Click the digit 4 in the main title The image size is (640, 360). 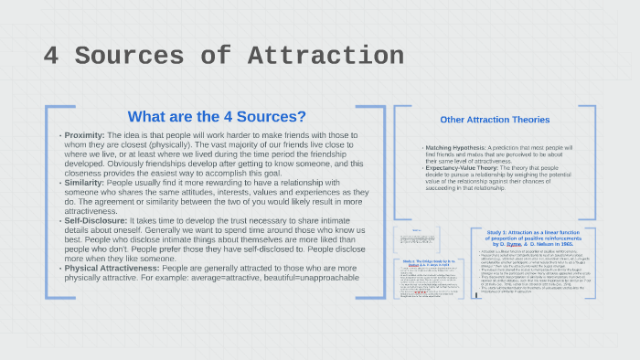pos(53,55)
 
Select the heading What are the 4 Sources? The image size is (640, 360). pos(217,116)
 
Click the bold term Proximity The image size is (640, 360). pos(85,135)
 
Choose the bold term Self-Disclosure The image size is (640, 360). pos(95,221)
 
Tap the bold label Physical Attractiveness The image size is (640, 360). pos(112,269)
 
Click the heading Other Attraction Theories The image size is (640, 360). pos(495,120)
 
